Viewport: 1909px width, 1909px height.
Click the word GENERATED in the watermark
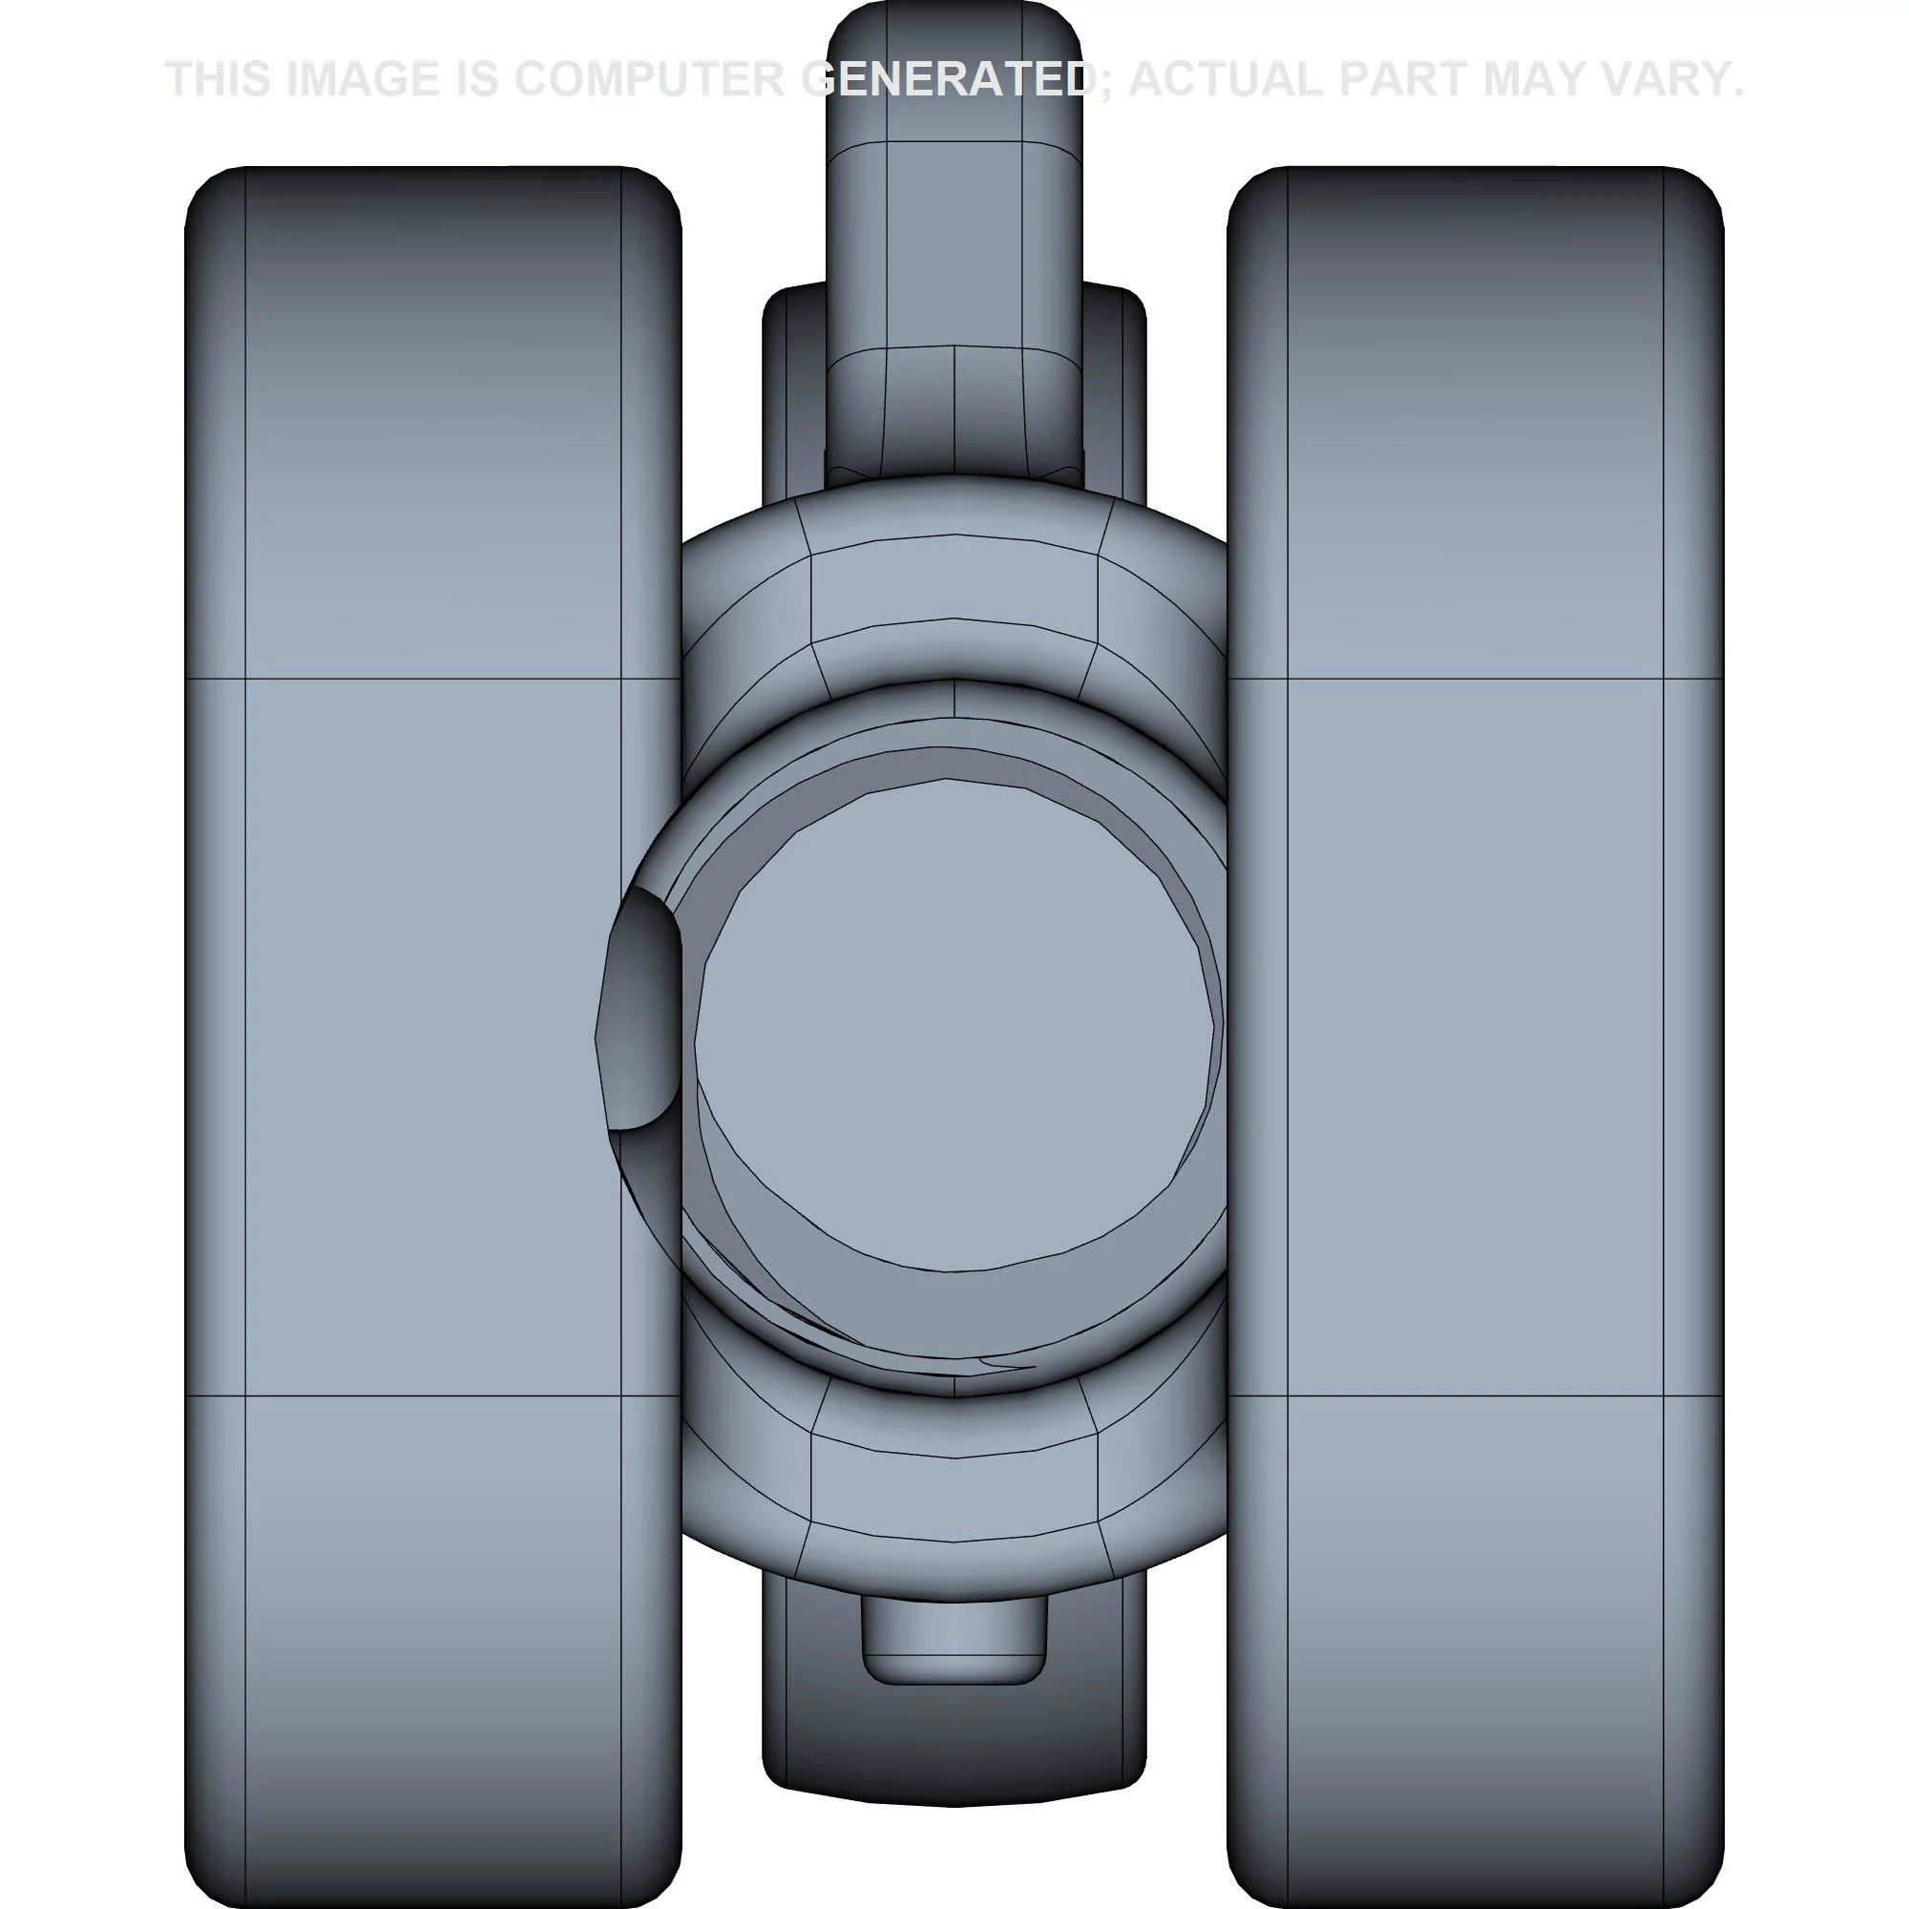click(x=947, y=79)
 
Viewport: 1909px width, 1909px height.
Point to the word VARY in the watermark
click(x=1669, y=79)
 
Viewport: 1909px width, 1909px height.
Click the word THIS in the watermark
click(x=220, y=79)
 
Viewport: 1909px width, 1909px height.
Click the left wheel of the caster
click(x=432, y=1037)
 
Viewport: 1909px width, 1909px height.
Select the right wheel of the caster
click(x=1476, y=1037)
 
